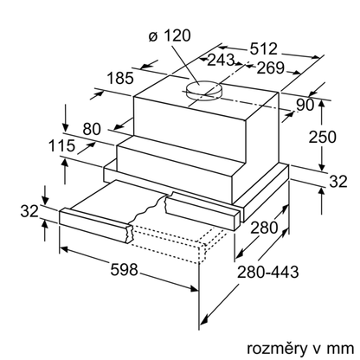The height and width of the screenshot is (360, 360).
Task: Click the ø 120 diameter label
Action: click(170, 36)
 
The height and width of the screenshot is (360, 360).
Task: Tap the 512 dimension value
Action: click(263, 48)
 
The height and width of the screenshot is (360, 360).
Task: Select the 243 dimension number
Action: click(221, 60)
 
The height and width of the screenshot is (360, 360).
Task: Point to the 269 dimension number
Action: click(270, 68)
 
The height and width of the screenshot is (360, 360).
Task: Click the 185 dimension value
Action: click(120, 78)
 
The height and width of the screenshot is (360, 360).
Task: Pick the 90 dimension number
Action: click(305, 105)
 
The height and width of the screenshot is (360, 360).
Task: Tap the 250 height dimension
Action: click(323, 137)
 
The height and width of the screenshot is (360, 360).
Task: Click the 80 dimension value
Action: click(92, 129)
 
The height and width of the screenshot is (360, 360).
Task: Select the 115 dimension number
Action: click(61, 145)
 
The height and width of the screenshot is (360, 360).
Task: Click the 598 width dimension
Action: click(125, 270)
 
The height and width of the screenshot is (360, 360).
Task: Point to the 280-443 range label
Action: click(267, 272)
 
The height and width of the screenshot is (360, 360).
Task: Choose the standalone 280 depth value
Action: click(264, 228)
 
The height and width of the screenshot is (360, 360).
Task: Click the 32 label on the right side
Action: click(338, 182)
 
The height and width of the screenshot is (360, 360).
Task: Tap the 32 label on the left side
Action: click(29, 211)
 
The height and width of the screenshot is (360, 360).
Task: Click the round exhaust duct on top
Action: click(204, 91)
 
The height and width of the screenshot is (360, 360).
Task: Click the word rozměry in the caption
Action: click(277, 349)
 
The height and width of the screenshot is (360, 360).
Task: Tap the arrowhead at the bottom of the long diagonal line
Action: click(204, 319)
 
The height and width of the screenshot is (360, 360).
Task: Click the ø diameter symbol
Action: click(153, 37)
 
